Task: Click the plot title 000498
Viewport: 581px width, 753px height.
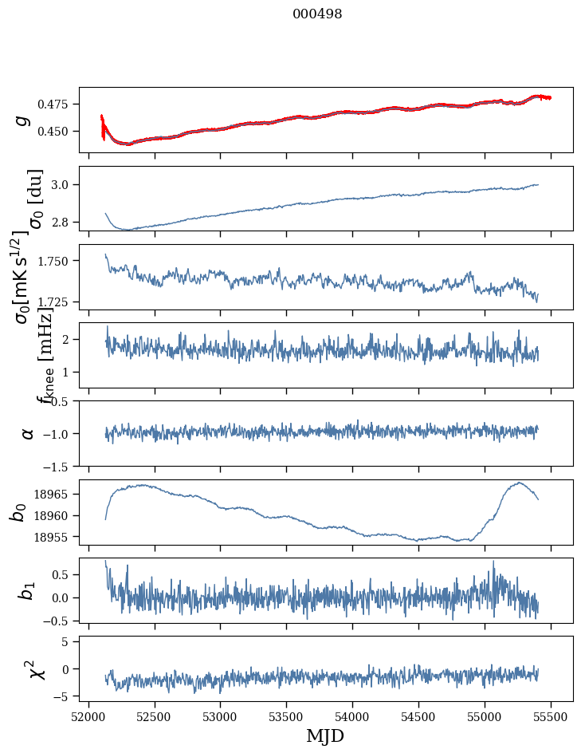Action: click(317, 14)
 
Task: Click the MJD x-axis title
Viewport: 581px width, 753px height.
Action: click(325, 735)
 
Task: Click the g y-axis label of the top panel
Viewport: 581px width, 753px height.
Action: click(23, 120)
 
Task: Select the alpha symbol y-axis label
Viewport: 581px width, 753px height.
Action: click(28, 433)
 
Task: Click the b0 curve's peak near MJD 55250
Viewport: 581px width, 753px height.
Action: click(519, 483)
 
